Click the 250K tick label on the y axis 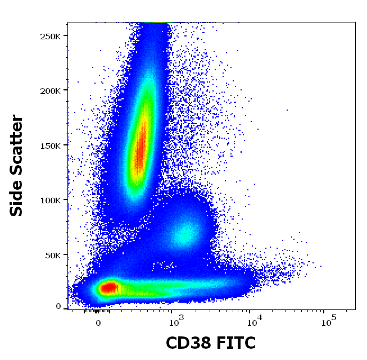pyautogui.click(x=53, y=36)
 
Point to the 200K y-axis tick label pyautogui.click(x=53, y=90)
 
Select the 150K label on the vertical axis pyautogui.click(x=53, y=145)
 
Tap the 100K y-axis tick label pyautogui.click(x=53, y=200)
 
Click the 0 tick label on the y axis pyautogui.click(x=58, y=307)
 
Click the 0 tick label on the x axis pyautogui.click(x=98, y=323)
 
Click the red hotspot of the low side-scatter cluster pyautogui.click(x=108, y=288)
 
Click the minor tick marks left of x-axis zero pyautogui.click(x=89, y=311)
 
